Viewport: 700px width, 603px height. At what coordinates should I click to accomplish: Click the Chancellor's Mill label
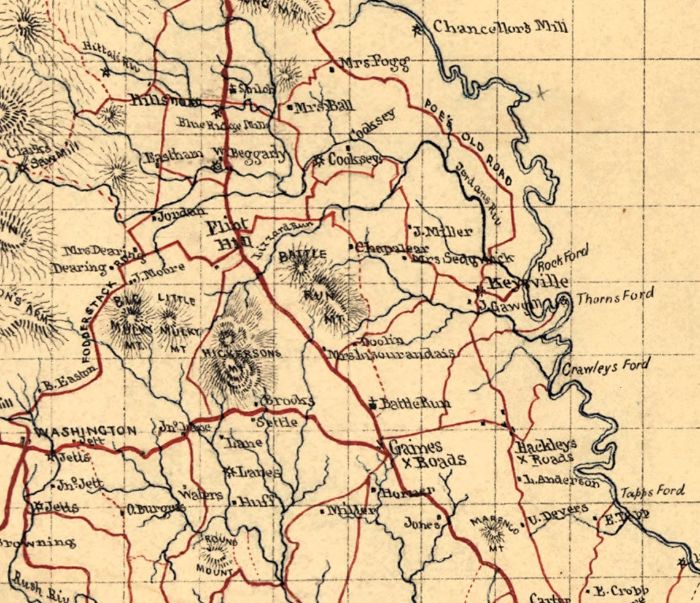point(500,27)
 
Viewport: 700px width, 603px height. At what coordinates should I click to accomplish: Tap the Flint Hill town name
point(228,235)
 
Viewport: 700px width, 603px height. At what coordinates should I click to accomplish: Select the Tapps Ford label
point(651,491)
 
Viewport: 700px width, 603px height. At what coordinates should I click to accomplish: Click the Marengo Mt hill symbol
point(494,532)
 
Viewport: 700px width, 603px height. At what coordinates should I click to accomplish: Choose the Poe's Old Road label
point(469,141)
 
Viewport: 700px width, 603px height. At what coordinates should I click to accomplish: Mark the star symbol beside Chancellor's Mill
point(419,29)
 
